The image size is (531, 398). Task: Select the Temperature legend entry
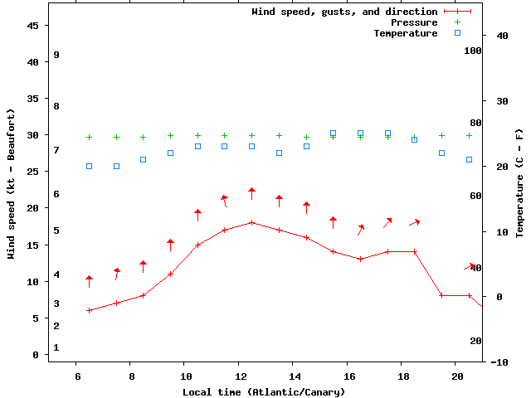pyautogui.click(x=406, y=33)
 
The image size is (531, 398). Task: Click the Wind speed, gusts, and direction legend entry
pyautogui.click(x=344, y=12)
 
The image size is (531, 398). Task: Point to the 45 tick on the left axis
pyautogui.click(x=33, y=26)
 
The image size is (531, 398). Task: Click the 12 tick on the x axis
pyautogui.click(x=239, y=376)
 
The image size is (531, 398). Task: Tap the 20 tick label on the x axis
pyautogui.click(x=456, y=376)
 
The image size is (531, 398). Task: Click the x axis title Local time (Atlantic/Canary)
pyautogui.click(x=264, y=391)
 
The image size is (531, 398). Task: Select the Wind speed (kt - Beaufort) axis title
pyautogui.click(x=12, y=184)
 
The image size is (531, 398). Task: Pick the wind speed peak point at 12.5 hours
pyautogui.click(x=251, y=222)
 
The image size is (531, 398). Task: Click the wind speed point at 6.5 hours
pyautogui.click(x=89, y=310)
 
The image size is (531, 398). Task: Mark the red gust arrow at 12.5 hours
pyautogui.click(x=251, y=193)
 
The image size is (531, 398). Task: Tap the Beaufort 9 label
pyautogui.click(x=56, y=55)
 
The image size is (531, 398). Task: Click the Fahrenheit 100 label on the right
pyautogui.click(x=473, y=51)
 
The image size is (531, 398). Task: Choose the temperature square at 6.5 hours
pyautogui.click(x=89, y=166)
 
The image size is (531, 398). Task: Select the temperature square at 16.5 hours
pyautogui.click(x=360, y=133)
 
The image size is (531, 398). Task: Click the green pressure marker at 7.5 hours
pyautogui.click(x=116, y=137)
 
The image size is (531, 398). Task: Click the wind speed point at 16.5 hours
pyautogui.click(x=360, y=259)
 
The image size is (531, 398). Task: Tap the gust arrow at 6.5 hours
pyautogui.click(x=89, y=281)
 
